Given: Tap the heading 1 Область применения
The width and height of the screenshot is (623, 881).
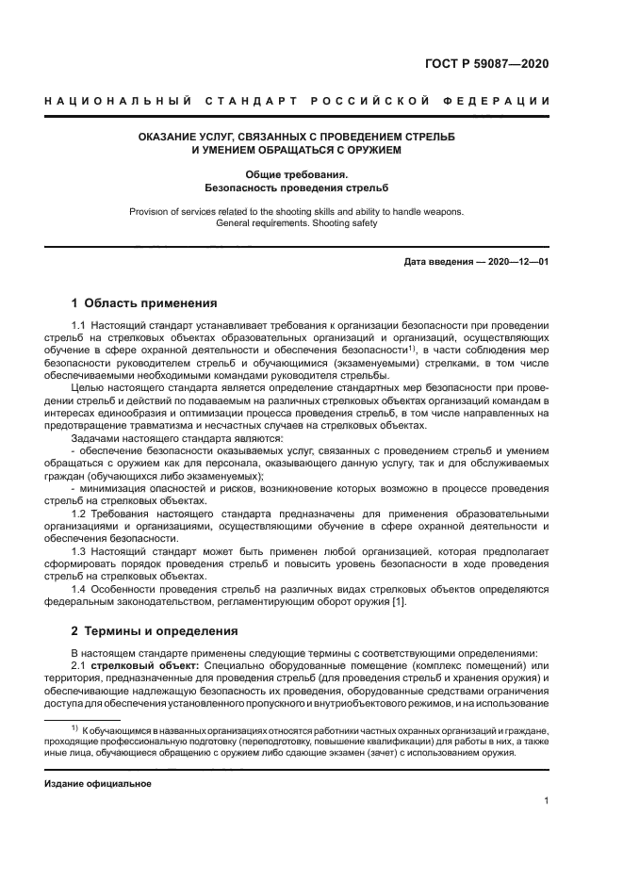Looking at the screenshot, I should point(144,303).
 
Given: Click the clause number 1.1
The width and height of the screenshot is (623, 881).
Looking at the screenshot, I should point(79,325).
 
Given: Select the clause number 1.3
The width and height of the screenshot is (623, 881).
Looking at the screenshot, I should point(79,549).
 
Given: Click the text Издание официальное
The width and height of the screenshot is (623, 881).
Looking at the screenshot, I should point(98,784).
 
